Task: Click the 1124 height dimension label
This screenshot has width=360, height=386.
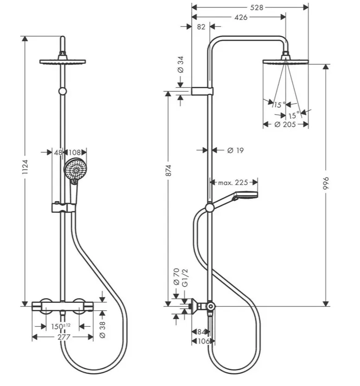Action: [25, 167]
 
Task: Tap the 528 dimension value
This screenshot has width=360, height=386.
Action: [257, 7]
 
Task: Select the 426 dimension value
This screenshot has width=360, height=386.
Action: [241, 17]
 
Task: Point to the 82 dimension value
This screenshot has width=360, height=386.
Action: [201, 26]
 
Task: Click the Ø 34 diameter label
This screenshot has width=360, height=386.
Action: [180, 65]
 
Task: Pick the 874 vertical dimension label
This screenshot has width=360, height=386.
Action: [168, 170]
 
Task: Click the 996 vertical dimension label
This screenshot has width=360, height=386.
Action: [326, 183]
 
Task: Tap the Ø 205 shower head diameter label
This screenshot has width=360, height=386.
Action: [285, 124]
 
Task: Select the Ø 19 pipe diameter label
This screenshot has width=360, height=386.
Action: [235, 150]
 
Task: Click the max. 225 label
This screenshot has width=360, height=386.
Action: [233, 183]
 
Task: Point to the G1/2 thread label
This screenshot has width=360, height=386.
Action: [185, 278]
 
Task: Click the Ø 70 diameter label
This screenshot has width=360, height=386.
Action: [176, 277]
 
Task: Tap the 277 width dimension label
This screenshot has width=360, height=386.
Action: [64, 337]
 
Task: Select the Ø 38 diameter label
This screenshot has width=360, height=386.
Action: [103, 330]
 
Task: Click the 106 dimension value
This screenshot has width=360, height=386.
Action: [204, 341]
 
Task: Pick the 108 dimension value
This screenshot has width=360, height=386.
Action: [75, 152]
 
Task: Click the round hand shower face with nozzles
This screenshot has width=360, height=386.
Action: [76, 170]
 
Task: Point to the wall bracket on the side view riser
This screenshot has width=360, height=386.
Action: [202, 91]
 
